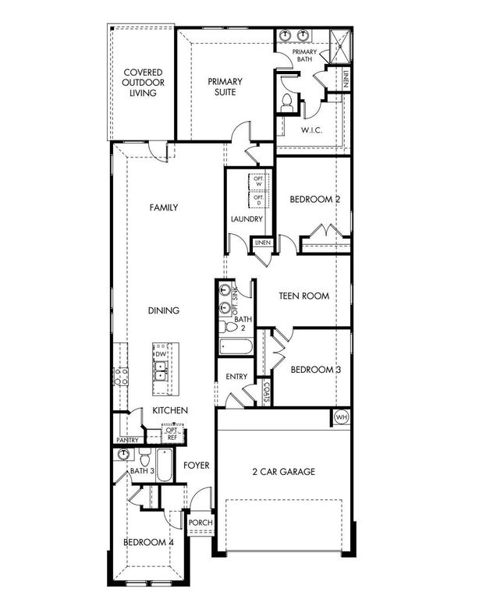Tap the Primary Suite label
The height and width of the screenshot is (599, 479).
225,87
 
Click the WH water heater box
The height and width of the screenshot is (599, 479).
340,417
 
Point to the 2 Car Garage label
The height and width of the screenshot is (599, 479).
283,471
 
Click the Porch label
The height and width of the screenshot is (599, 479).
196,523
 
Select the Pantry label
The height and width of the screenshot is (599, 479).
127,440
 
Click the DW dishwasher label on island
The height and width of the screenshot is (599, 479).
161,354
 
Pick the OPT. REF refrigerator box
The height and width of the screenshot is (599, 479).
172,434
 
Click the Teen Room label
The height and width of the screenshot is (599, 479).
304,296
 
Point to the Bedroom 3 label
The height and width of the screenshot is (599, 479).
315,370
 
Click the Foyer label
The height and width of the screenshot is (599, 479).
196,466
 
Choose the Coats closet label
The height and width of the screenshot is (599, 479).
266,387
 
